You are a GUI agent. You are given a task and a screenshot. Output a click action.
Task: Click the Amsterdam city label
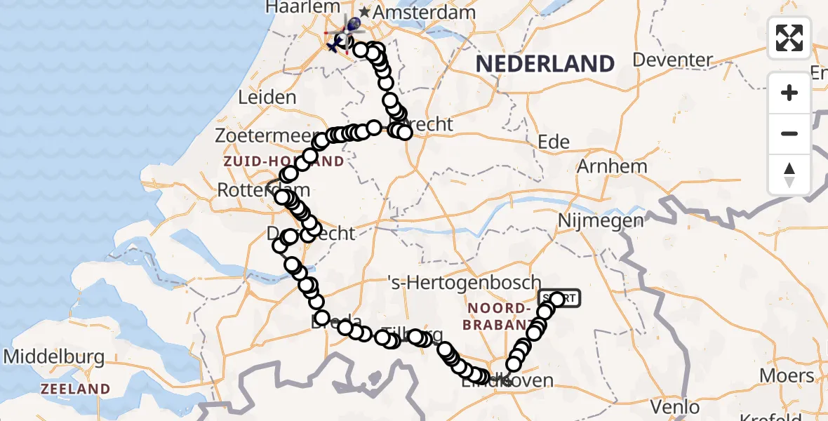424,13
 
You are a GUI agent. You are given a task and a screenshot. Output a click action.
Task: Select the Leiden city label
267,97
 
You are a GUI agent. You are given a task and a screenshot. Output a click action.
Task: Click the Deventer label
672,60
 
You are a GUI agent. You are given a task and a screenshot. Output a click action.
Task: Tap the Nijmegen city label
591,220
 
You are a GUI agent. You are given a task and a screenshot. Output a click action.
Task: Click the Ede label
553,142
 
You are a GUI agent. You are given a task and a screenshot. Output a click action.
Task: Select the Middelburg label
54,356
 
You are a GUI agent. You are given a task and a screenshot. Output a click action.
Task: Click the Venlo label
675,406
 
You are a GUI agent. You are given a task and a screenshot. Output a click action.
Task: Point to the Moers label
787,375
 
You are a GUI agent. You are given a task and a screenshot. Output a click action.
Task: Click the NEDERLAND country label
545,64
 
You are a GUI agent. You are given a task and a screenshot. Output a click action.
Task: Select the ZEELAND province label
75,389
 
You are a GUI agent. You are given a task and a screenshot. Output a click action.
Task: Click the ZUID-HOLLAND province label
283,162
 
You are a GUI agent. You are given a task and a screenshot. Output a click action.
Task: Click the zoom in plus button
789,93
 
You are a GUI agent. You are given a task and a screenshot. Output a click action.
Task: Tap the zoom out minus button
789,133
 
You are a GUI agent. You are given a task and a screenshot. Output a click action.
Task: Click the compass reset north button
789,174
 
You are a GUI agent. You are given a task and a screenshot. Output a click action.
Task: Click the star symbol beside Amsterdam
365,13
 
